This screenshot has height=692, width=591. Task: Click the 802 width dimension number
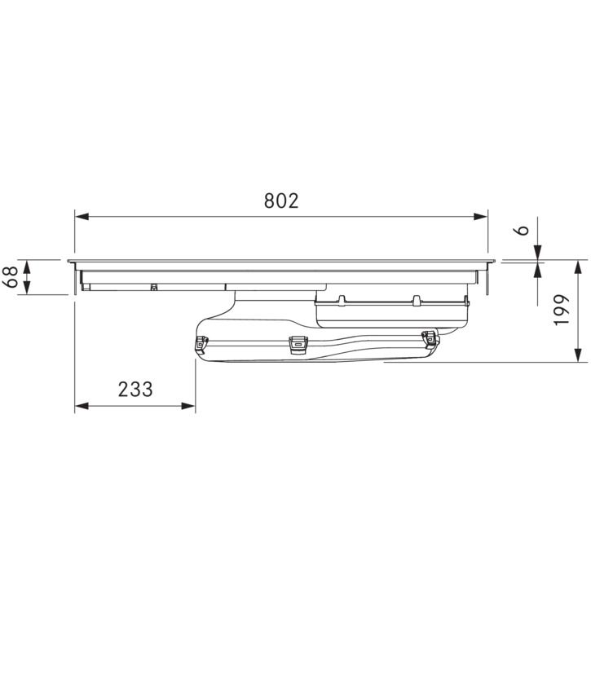coord(281,201)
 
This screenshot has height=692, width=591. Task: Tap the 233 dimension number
coord(135,390)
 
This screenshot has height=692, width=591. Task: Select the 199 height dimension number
coord(562,311)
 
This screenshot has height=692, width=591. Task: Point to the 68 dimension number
coord(12,276)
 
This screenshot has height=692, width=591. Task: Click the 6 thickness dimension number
coord(523,230)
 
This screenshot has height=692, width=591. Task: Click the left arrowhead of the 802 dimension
coord(82,217)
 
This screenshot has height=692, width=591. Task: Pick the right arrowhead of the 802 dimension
coord(481,217)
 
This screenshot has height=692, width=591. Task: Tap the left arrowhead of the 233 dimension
coord(82,406)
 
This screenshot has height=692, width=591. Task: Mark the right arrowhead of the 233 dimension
coord(188,406)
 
